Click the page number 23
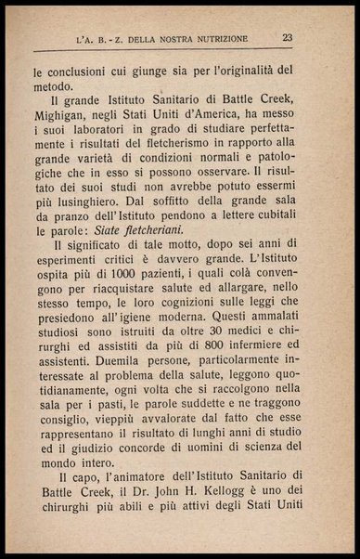point(288,37)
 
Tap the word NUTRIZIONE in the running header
point(213,38)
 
